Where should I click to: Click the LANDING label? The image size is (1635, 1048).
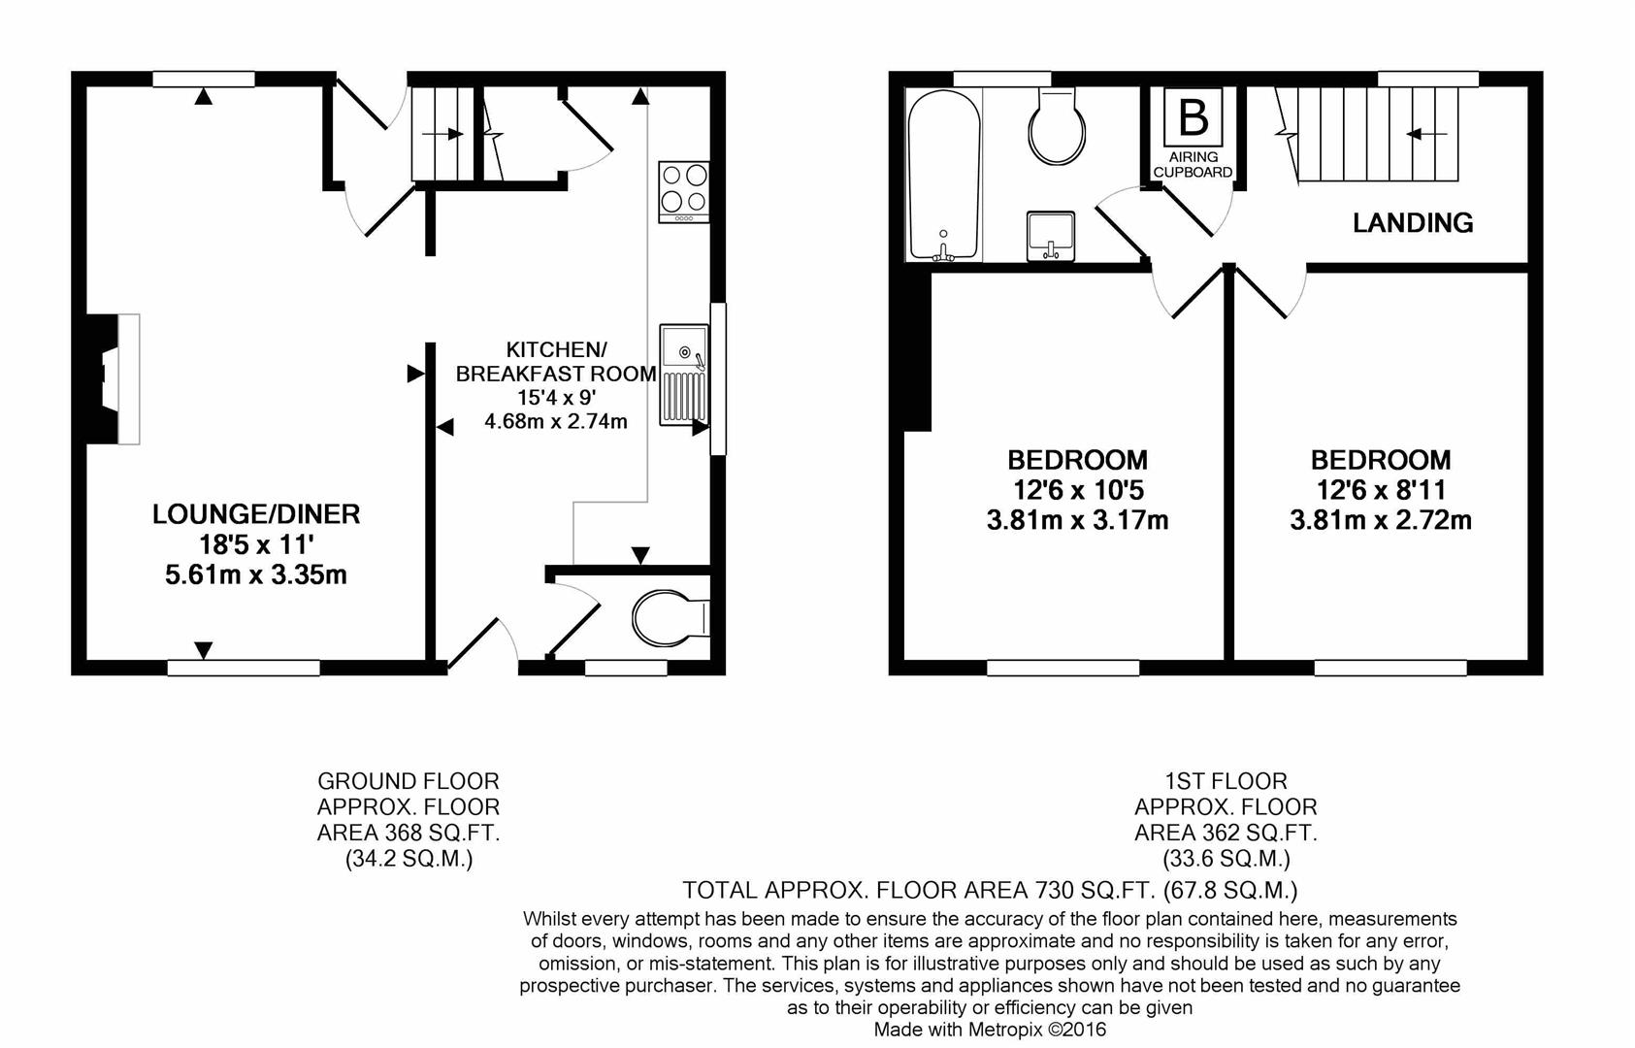1413,222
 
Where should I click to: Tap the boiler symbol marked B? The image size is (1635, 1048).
1193,116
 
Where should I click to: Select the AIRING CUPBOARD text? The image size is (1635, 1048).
1193,164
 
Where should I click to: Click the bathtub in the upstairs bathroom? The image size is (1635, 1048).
944,175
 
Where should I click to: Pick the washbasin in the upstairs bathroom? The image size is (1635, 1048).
1050,236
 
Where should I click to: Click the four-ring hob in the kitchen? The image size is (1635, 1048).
683,191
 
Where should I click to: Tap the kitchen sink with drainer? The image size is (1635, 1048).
684,375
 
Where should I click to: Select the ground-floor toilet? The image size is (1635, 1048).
670,617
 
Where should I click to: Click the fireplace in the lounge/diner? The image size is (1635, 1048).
111,378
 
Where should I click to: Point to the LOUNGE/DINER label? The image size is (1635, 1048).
256,514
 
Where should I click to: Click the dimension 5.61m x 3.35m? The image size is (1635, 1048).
256,575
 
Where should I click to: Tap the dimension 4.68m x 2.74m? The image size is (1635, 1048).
555,421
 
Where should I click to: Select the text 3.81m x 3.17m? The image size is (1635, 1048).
1077,520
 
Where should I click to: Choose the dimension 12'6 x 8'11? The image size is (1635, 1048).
1380,490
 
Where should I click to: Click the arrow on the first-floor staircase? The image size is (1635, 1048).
1427,134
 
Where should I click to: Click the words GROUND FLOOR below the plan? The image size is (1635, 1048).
408,781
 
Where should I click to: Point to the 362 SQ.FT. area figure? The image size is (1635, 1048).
1262,833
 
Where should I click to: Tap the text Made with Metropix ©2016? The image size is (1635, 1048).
990,1030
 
